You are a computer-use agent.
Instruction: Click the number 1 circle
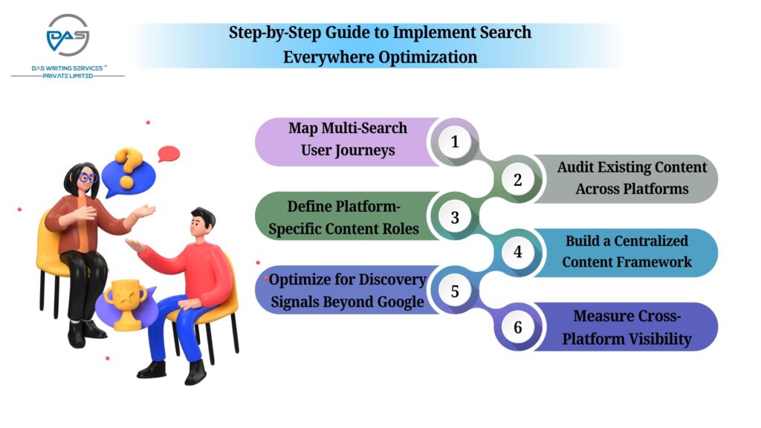click(x=455, y=141)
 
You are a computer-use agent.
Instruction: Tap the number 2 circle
click(x=518, y=179)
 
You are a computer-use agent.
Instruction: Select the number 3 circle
click(x=455, y=216)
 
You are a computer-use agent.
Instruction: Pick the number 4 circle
click(x=518, y=252)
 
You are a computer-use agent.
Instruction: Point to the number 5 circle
click(x=455, y=290)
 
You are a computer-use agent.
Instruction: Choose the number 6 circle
click(x=518, y=326)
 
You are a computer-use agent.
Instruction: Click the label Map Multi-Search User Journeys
click(x=348, y=139)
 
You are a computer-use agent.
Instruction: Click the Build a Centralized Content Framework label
click(x=626, y=251)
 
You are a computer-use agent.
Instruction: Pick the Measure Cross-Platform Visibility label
click(x=626, y=328)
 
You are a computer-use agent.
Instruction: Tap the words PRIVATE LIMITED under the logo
click(x=68, y=75)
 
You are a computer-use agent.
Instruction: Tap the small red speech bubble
click(x=169, y=154)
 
